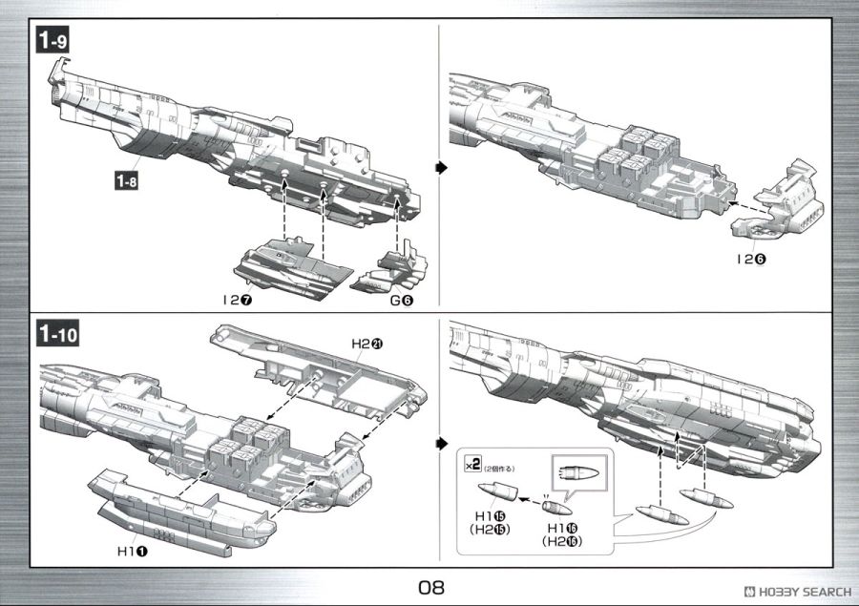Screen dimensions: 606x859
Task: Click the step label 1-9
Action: pyautogui.click(x=53, y=40)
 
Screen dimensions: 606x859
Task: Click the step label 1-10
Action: pyautogui.click(x=57, y=335)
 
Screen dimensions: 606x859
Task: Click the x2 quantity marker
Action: pyautogui.click(x=472, y=467)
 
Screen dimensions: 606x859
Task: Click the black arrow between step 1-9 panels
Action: pyautogui.click(x=441, y=168)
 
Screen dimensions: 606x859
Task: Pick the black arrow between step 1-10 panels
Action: pyautogui.click(x=441, y=445)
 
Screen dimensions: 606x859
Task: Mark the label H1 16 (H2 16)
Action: pyautogui.click(x=562, y=533)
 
